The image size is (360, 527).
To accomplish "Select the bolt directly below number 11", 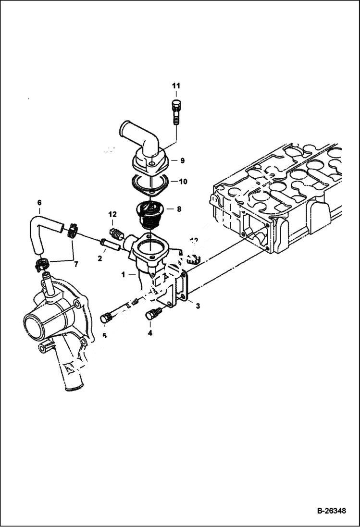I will click(175, 111).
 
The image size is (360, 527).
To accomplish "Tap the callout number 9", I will click(182, 159).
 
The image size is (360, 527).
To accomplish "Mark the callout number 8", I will click(179, 209).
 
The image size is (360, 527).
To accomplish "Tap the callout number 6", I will click(39, 203).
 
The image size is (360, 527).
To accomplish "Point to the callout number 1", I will click(124, 274).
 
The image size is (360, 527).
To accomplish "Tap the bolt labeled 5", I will click(107, 318).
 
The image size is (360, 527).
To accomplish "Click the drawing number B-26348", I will click(331, 511).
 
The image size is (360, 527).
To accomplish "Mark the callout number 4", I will click(150, 332).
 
